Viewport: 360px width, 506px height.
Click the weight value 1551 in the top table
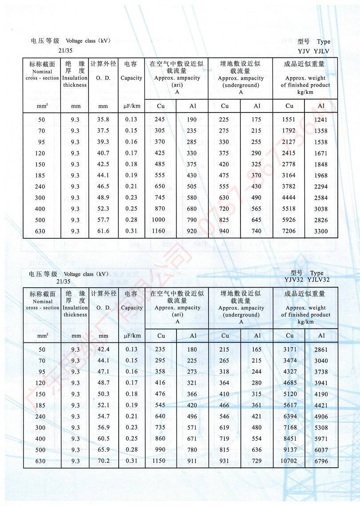point(289,120)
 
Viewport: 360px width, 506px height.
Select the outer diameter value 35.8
point(103,120)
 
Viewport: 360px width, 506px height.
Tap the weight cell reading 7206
point(289,231)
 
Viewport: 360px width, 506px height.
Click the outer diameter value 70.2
point(103,461)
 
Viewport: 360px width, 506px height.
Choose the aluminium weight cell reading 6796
point(321,461)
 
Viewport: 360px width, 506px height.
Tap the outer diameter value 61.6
point(103,231)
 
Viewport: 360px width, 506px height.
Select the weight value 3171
point(289,349)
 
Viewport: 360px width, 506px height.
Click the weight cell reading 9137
point(289,450)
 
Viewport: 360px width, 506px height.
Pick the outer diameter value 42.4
point(103,349)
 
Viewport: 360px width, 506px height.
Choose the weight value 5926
point(289,220)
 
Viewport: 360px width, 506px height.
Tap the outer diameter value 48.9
point(103,198)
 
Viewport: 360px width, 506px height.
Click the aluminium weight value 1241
point(321,120)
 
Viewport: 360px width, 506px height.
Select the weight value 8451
point(289,439)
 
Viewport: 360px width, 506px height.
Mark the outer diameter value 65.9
point(103,450)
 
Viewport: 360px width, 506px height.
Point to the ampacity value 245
point(160,120)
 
